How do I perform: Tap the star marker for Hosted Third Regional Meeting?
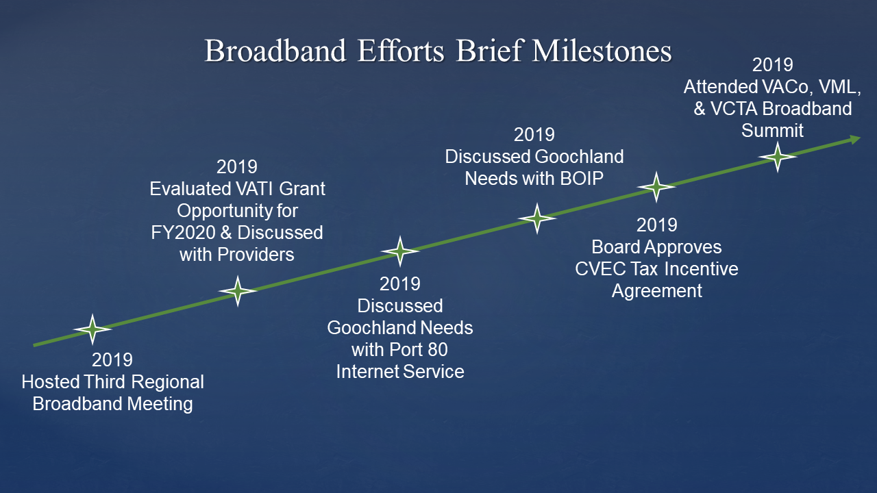92,329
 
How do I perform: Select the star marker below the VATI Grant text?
237,291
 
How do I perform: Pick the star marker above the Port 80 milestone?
400,251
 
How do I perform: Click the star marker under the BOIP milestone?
536,218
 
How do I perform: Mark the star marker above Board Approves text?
656,186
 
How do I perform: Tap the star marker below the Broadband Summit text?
777,157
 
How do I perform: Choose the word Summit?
772,130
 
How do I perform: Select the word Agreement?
656,290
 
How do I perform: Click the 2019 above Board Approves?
656,225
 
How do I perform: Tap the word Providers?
255,254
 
